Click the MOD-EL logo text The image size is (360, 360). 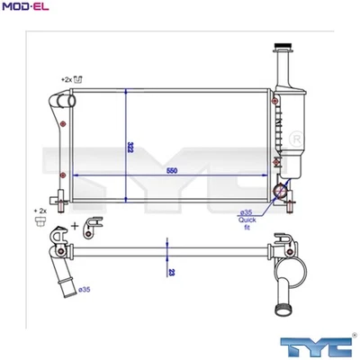click(25, 8)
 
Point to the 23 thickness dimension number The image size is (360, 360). click(171, 268)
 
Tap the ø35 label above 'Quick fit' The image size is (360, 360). click(245, 212)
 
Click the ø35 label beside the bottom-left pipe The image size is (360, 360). click(83, 290)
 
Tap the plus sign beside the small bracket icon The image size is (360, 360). click(75, 224)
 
